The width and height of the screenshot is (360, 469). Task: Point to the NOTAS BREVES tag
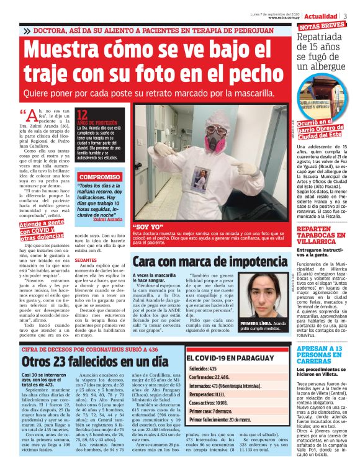pos(322,27)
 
